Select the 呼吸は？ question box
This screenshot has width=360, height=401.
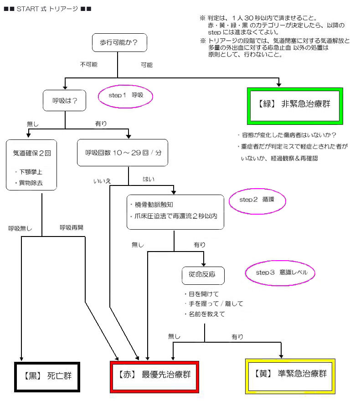point(65,101)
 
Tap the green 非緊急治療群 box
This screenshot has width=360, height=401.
point(295,105)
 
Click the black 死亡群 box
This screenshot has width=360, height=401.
point(47,376)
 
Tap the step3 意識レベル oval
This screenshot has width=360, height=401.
point(280,272)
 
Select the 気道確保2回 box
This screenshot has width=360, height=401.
point(31,165)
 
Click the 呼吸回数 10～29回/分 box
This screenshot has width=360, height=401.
point(123,153)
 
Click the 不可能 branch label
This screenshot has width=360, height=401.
point(89,65)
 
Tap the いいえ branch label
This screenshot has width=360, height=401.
point(102,181)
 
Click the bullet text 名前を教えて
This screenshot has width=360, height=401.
point(206,314)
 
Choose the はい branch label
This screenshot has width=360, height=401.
point(149,179)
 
